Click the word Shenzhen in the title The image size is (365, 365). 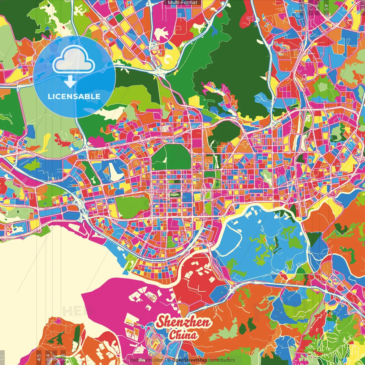(184, 322)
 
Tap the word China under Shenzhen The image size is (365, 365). (183, 335)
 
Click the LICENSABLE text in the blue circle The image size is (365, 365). (74, 96)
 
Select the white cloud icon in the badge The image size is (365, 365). (74, 60)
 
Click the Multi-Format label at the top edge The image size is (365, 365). (182, 3)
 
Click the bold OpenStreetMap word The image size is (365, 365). (190, 360)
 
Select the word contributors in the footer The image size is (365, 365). (222, 360)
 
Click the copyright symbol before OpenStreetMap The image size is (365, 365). (169, 360)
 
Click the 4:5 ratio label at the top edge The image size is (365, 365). (326, 7)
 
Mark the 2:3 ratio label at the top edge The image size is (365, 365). (301, 7)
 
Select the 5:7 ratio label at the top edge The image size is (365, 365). (309, 7)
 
